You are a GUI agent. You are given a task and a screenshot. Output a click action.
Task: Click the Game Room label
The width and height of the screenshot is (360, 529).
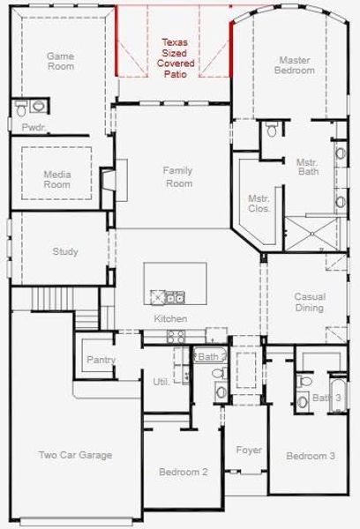pyautogui.click(x=60, y=61)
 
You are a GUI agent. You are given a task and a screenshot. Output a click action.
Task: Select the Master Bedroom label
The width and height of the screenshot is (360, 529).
pyautogui.click(x=295, y=65)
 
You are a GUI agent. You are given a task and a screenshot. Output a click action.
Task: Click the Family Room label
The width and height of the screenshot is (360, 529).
pyautogui.click(x=178, y=176)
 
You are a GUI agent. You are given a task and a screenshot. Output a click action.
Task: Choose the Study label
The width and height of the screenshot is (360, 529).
pyautogui.click(x=65, y=252)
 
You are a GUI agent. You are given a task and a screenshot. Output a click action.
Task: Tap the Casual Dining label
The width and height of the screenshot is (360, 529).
pyautogui.click(x=309, y=302)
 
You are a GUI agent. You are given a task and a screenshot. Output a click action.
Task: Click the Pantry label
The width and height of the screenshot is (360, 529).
pyautogui.click(x=101, y=360)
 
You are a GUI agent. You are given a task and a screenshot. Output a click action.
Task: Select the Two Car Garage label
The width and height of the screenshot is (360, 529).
pyautogui.click(x=75, y=455)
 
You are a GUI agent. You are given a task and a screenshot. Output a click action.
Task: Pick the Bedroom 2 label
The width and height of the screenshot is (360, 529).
pyautogui.click(x=183, y=473)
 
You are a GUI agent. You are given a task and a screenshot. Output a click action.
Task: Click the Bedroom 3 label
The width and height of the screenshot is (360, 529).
pyautogui.click(x=310, y=456)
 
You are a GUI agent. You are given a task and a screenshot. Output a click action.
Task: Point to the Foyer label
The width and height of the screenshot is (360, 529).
pyautogui.click(x=249, y=451)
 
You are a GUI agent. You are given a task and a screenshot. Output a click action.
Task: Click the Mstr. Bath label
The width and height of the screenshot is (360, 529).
pyautogui.click(x=307, y=168)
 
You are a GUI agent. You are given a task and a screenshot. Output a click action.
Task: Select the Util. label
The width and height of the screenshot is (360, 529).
pyautogui.click(x=161, y=382)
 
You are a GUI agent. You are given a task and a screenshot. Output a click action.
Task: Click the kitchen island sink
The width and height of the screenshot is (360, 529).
pyautogui.click(x=168, y=296)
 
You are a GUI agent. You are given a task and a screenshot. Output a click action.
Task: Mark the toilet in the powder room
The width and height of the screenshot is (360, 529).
pyautogui.click(x=37, y=108)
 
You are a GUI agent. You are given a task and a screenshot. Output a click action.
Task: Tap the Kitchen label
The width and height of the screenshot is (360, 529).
pyautogui.click(x=170, y=318)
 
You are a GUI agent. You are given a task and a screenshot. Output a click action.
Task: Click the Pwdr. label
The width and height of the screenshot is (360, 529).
pyautogui.click(x=33, y=127)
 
